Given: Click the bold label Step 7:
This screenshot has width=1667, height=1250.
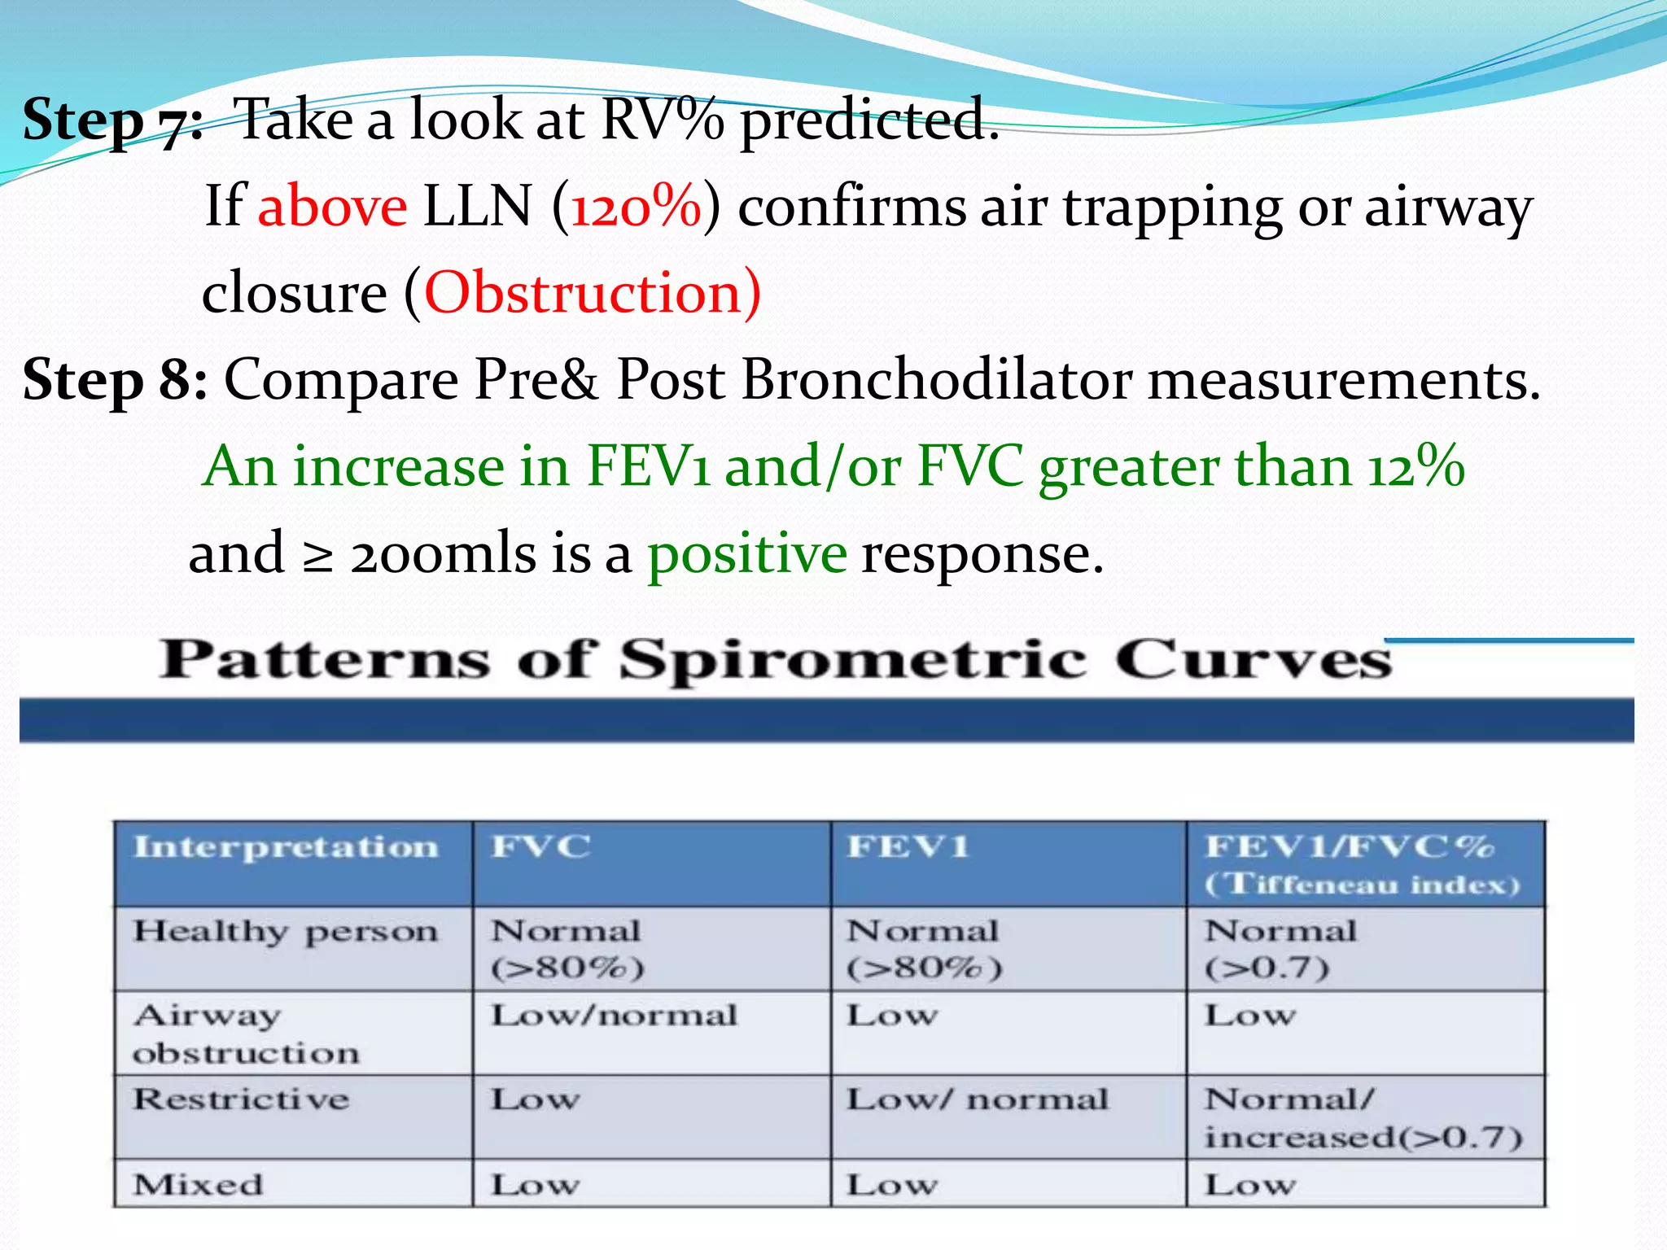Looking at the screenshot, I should coord(112,120).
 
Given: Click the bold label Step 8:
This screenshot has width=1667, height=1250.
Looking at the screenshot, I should coord(115,379).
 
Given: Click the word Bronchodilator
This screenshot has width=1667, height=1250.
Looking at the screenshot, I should coord(936,379).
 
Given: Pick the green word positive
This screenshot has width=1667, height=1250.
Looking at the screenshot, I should coord(746,553).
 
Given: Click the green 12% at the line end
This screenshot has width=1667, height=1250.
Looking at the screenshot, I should coord(1415,467).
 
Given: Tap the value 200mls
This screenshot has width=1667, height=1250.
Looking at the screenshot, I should coord(443,553).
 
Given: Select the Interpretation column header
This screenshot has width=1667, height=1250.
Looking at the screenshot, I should coord(286,847).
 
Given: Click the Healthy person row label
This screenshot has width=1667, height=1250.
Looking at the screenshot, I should coord(286,931).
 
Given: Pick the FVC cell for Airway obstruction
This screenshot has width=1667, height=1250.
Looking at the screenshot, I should coord(615,1016).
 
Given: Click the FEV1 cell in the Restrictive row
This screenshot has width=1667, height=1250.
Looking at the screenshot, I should coord(978,1100).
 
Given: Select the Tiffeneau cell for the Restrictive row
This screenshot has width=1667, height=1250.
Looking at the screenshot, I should coord(1363,1118).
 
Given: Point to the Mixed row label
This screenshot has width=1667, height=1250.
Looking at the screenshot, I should coord(199,1185).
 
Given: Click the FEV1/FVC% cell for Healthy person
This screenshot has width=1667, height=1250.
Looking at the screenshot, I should coord(1280,949).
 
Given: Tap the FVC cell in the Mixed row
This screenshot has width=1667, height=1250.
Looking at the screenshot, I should coord(536,1185).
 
